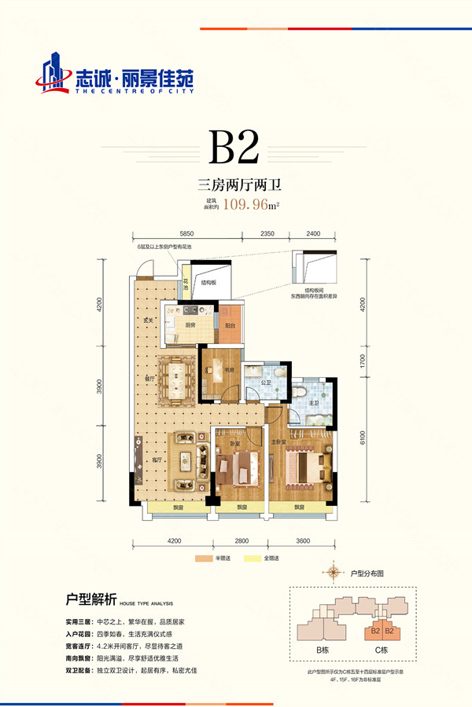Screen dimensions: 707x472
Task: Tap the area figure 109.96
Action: point(245,206)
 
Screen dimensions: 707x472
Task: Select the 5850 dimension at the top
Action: point(187,234)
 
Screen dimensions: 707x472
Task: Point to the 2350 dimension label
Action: point(267,234)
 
